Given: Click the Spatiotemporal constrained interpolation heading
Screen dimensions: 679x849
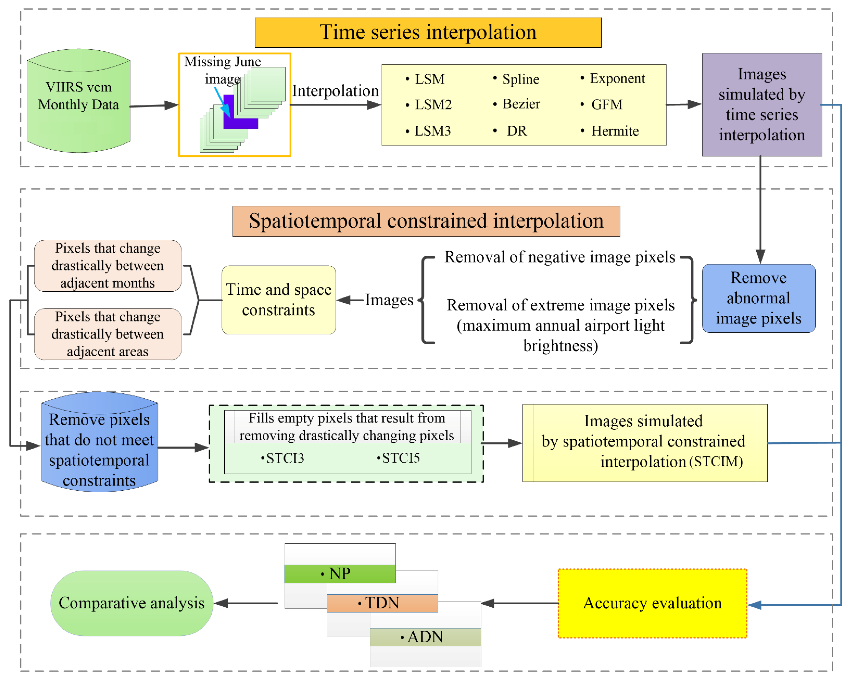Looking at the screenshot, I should tap(426, 221).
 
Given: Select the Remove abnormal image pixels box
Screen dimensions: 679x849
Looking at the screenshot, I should tap(758, 298).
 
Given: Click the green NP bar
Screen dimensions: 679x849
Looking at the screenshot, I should tap(340, 574).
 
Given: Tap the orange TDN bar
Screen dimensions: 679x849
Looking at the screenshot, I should tap(382, 603).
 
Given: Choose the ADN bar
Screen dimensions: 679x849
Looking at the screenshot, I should tap(425, 637).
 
